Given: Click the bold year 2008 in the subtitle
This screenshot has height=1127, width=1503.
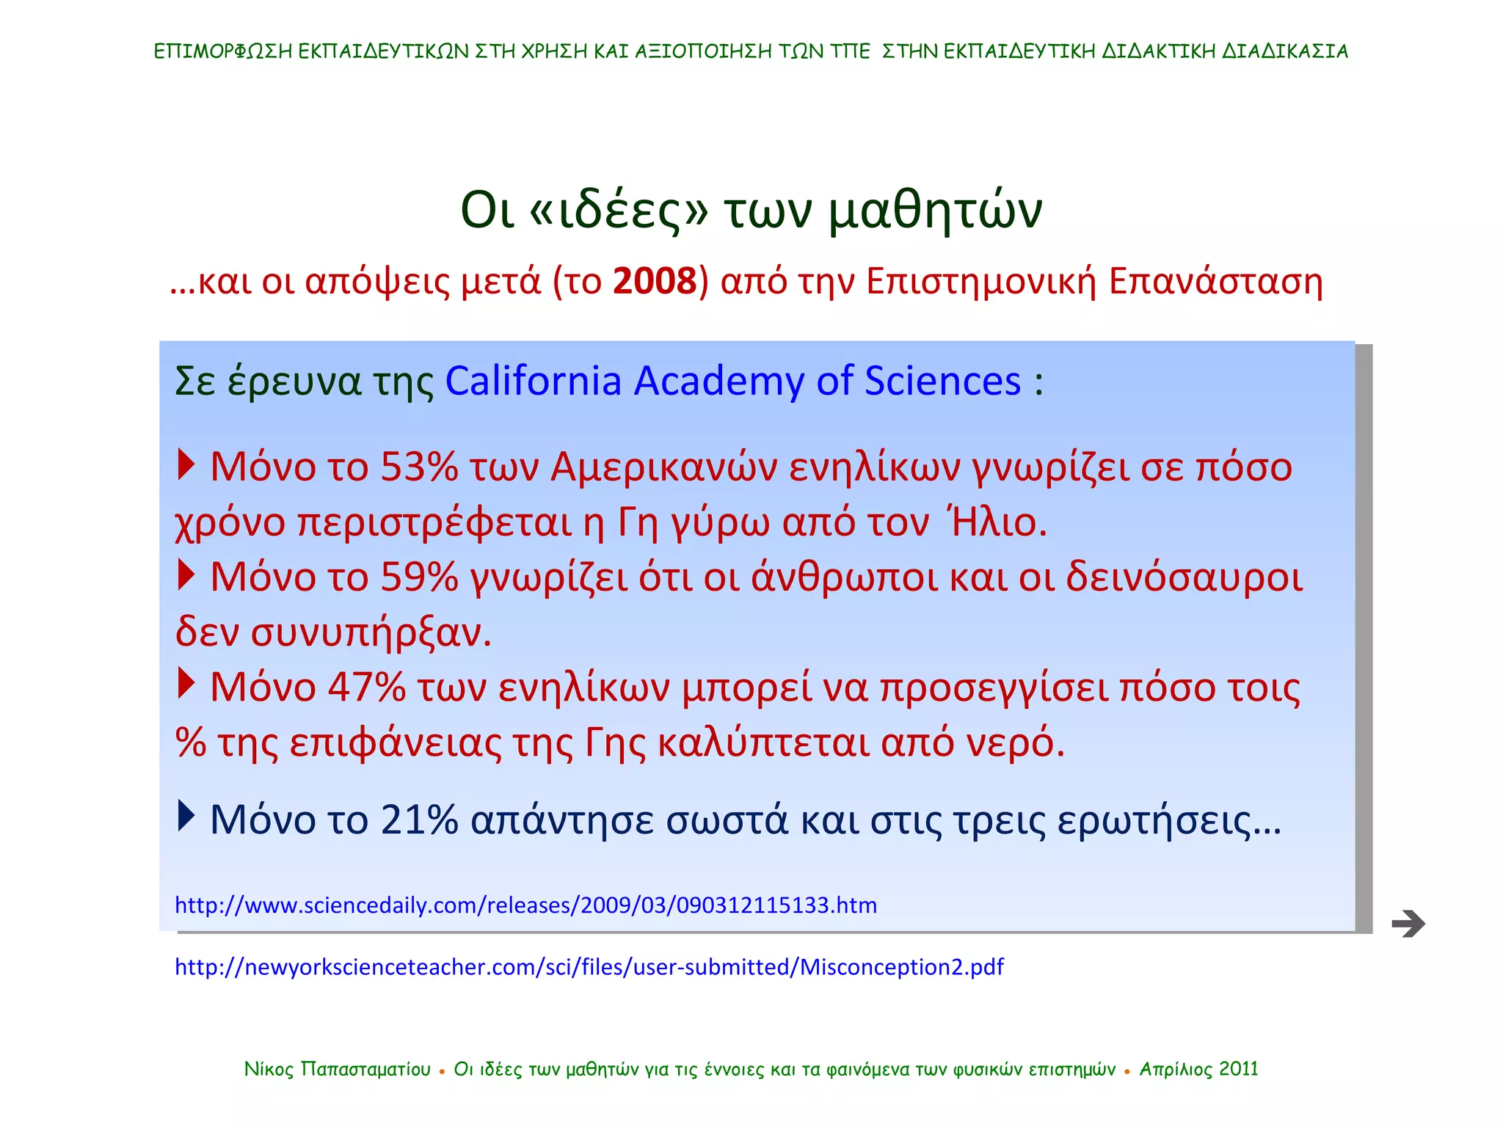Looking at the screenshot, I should pos(654,282).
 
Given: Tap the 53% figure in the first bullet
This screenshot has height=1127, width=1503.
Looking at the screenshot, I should pos(419,467).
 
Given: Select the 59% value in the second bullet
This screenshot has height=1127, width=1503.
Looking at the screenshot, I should pos(419,577).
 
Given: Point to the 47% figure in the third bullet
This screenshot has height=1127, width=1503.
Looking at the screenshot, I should pos(366,687).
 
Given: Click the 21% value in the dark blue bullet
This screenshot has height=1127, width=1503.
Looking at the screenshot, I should pos(419,820).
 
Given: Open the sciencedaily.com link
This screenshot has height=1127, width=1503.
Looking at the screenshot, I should pos(525,905).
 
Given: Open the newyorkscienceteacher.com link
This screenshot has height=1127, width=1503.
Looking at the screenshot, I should pos(589,967).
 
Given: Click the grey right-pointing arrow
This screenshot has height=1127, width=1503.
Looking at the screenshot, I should pos(1408,923).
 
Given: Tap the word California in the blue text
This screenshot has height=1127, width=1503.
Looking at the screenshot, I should pos(534,382).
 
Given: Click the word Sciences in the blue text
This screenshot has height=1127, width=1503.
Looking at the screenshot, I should pos(942,382).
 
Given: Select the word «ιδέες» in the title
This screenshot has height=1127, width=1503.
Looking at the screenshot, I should pos(618,211).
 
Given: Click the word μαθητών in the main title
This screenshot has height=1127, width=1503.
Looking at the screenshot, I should pos(935,211).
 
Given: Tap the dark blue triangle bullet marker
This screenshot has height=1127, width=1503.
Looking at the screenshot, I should pos(186,815).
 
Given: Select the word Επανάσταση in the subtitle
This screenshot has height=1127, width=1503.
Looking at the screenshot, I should pos(1215,282).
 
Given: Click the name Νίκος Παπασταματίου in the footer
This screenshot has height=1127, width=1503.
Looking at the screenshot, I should pos(337,1069).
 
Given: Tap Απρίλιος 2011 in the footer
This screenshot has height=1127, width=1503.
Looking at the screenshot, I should pos(1198,1069).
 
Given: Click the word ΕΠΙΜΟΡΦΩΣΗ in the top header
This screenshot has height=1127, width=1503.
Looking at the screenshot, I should pos(222,51).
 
